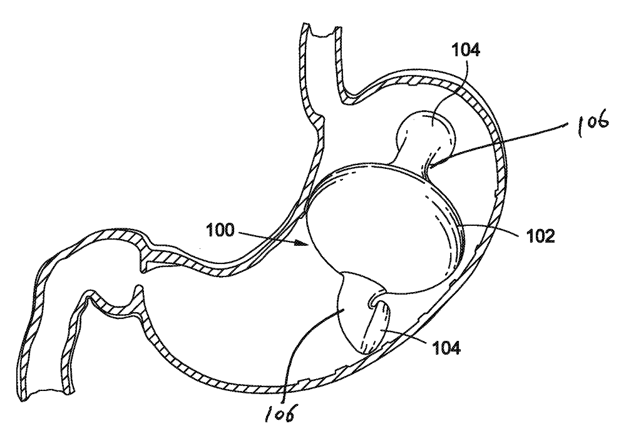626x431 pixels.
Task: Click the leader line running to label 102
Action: click(x=495, y=229)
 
